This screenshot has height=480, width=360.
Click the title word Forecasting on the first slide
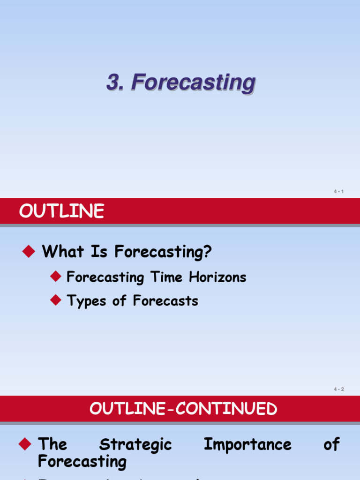(x=194, y=83)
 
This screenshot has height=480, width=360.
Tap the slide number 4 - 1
(x=339, y=191)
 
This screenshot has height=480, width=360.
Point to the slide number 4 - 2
(x=339, y=389)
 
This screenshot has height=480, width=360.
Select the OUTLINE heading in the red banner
(x=61, y=212)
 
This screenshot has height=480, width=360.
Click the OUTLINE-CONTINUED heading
(x=183, y=409)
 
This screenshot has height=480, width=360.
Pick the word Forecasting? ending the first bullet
(x=163, y=252)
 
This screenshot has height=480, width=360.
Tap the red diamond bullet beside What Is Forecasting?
(x=29, y=252)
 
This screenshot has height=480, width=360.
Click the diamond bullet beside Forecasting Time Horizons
(x=56, y=277)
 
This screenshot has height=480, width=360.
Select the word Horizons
(x=217, y=277)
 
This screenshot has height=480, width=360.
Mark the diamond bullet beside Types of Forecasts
(x=56, y=300)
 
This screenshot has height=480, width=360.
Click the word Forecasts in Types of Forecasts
(x=165, y=300)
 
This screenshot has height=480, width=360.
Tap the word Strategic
(x=135, y=445)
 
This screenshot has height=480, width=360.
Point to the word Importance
(x=247, y=444)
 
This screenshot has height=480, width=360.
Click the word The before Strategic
(x=52, y=444)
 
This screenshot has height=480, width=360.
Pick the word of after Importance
(x=331, y=444)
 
